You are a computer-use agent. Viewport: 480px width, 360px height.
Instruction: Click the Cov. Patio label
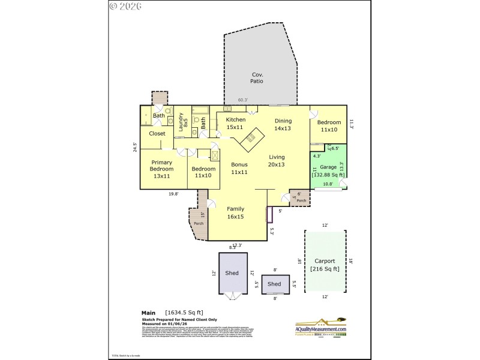coord(257,77)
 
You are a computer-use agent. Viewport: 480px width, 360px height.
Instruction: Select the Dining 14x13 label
coord(282,124)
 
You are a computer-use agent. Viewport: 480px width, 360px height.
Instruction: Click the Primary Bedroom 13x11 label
coord(162,169)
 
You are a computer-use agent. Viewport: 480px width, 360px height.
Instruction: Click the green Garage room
coord(328,170)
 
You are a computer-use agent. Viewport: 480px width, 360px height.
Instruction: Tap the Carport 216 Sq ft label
coord(325,265)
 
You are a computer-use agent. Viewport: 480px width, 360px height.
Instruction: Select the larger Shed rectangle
coord(232,272)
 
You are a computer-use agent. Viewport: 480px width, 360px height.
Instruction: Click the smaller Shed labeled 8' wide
coord(275,284)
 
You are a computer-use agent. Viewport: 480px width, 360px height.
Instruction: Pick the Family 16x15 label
coord(235,213)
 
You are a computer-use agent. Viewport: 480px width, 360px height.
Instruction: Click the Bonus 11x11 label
coord(239,168)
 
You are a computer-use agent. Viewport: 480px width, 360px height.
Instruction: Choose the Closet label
coord(157,133)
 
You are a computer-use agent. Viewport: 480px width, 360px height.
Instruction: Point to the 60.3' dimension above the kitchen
coord(243,100)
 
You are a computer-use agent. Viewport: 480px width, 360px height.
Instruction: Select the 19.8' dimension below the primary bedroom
coord(173,193)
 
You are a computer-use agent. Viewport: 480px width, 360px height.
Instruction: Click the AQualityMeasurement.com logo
coord(320,327)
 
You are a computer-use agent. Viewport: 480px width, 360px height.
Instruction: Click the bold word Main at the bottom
coord(148,313)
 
